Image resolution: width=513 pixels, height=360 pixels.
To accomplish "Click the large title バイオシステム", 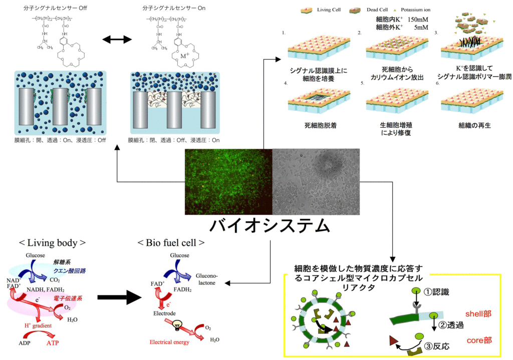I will (x=270, y=226).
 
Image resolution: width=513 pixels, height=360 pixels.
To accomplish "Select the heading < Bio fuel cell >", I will (x=171, y=243).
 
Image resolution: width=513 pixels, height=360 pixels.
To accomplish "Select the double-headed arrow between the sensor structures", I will (x=116, y=39).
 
